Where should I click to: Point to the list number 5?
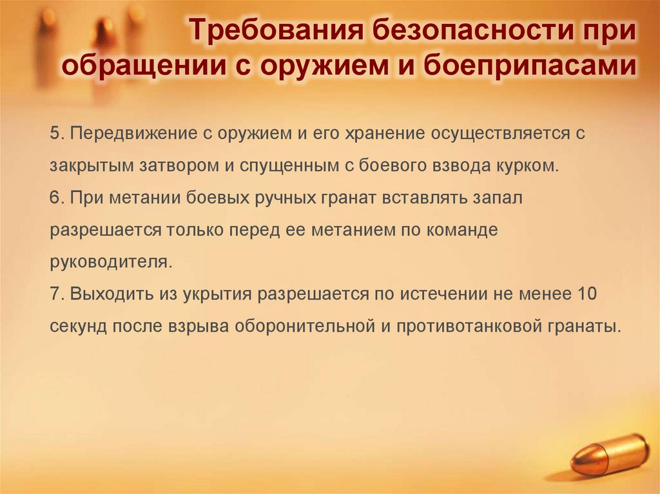54,133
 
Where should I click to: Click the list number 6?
54,198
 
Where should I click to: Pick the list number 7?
54,294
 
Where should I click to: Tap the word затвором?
179,166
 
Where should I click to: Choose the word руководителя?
102,262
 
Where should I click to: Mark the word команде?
463,230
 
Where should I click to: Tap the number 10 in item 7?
587,294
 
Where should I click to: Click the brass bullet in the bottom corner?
610,454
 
